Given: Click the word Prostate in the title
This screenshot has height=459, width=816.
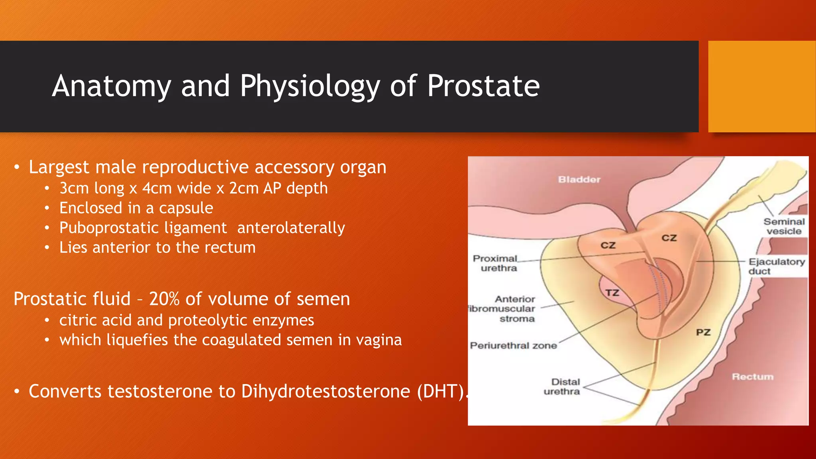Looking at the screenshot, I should (483, 86).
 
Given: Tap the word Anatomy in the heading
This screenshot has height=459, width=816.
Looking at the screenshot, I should (112, 86).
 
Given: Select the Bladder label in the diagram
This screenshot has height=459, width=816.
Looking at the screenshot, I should (579, 180).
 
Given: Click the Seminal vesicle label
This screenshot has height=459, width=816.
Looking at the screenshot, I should (784, 226).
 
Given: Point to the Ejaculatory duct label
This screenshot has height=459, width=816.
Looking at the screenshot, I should (776, 266).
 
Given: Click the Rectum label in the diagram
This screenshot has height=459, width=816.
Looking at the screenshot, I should (752, 377).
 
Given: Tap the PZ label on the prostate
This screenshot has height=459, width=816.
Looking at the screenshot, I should (703, 332).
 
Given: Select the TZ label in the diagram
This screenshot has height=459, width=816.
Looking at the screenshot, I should (612, 293).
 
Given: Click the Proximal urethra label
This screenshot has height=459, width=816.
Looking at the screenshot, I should (495, 263).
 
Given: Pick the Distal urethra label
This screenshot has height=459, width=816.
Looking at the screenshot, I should (562, 386).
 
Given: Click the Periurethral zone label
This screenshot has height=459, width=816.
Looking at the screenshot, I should (513, 345).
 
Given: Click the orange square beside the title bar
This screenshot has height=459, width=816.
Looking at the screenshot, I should (761, 86).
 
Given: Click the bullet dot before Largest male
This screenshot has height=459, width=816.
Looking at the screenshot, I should (17, 167).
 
